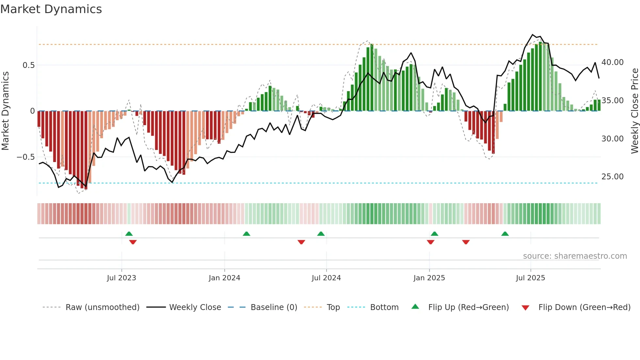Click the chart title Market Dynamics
coord(51,9)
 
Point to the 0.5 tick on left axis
coord(29,65)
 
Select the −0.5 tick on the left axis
coord(26,157)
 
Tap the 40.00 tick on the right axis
coord(612,62)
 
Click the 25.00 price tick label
coord(612,177)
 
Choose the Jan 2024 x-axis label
coord(224,278)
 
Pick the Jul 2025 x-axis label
coord(530,278)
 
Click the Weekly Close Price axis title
coord(634,111)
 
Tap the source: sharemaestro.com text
coord(575,256)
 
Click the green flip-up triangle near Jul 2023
coord(129,234)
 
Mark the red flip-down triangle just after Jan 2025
coord(430,242)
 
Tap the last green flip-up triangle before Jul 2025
coord(505,234)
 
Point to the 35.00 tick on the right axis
coord(612,101)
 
